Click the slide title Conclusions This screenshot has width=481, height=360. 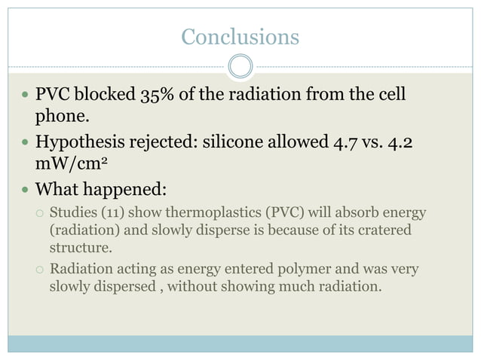240,36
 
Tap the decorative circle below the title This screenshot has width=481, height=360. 240,66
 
